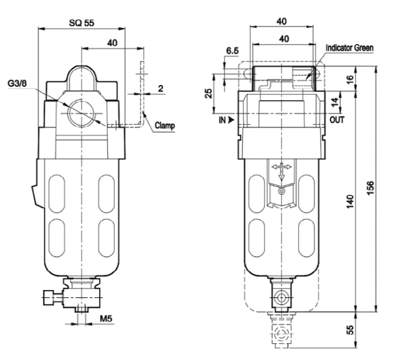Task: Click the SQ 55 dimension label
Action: (81, 23)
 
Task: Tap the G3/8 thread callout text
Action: (17, 83)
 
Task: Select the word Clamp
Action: (165, 125)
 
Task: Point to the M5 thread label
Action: (106, 318)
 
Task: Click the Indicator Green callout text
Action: (350, 48)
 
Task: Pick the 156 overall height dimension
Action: (370, 188)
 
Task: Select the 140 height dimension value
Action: (350, 201)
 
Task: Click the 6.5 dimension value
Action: (232, 51)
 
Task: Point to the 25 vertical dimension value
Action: (208, 93)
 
